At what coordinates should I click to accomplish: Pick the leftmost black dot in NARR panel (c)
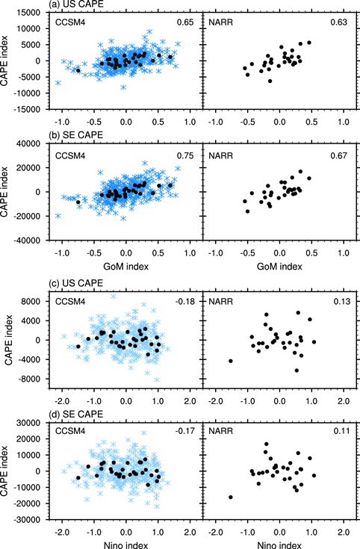click(x=231, y=361)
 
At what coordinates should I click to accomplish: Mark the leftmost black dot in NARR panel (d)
click(x=231, y=497)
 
